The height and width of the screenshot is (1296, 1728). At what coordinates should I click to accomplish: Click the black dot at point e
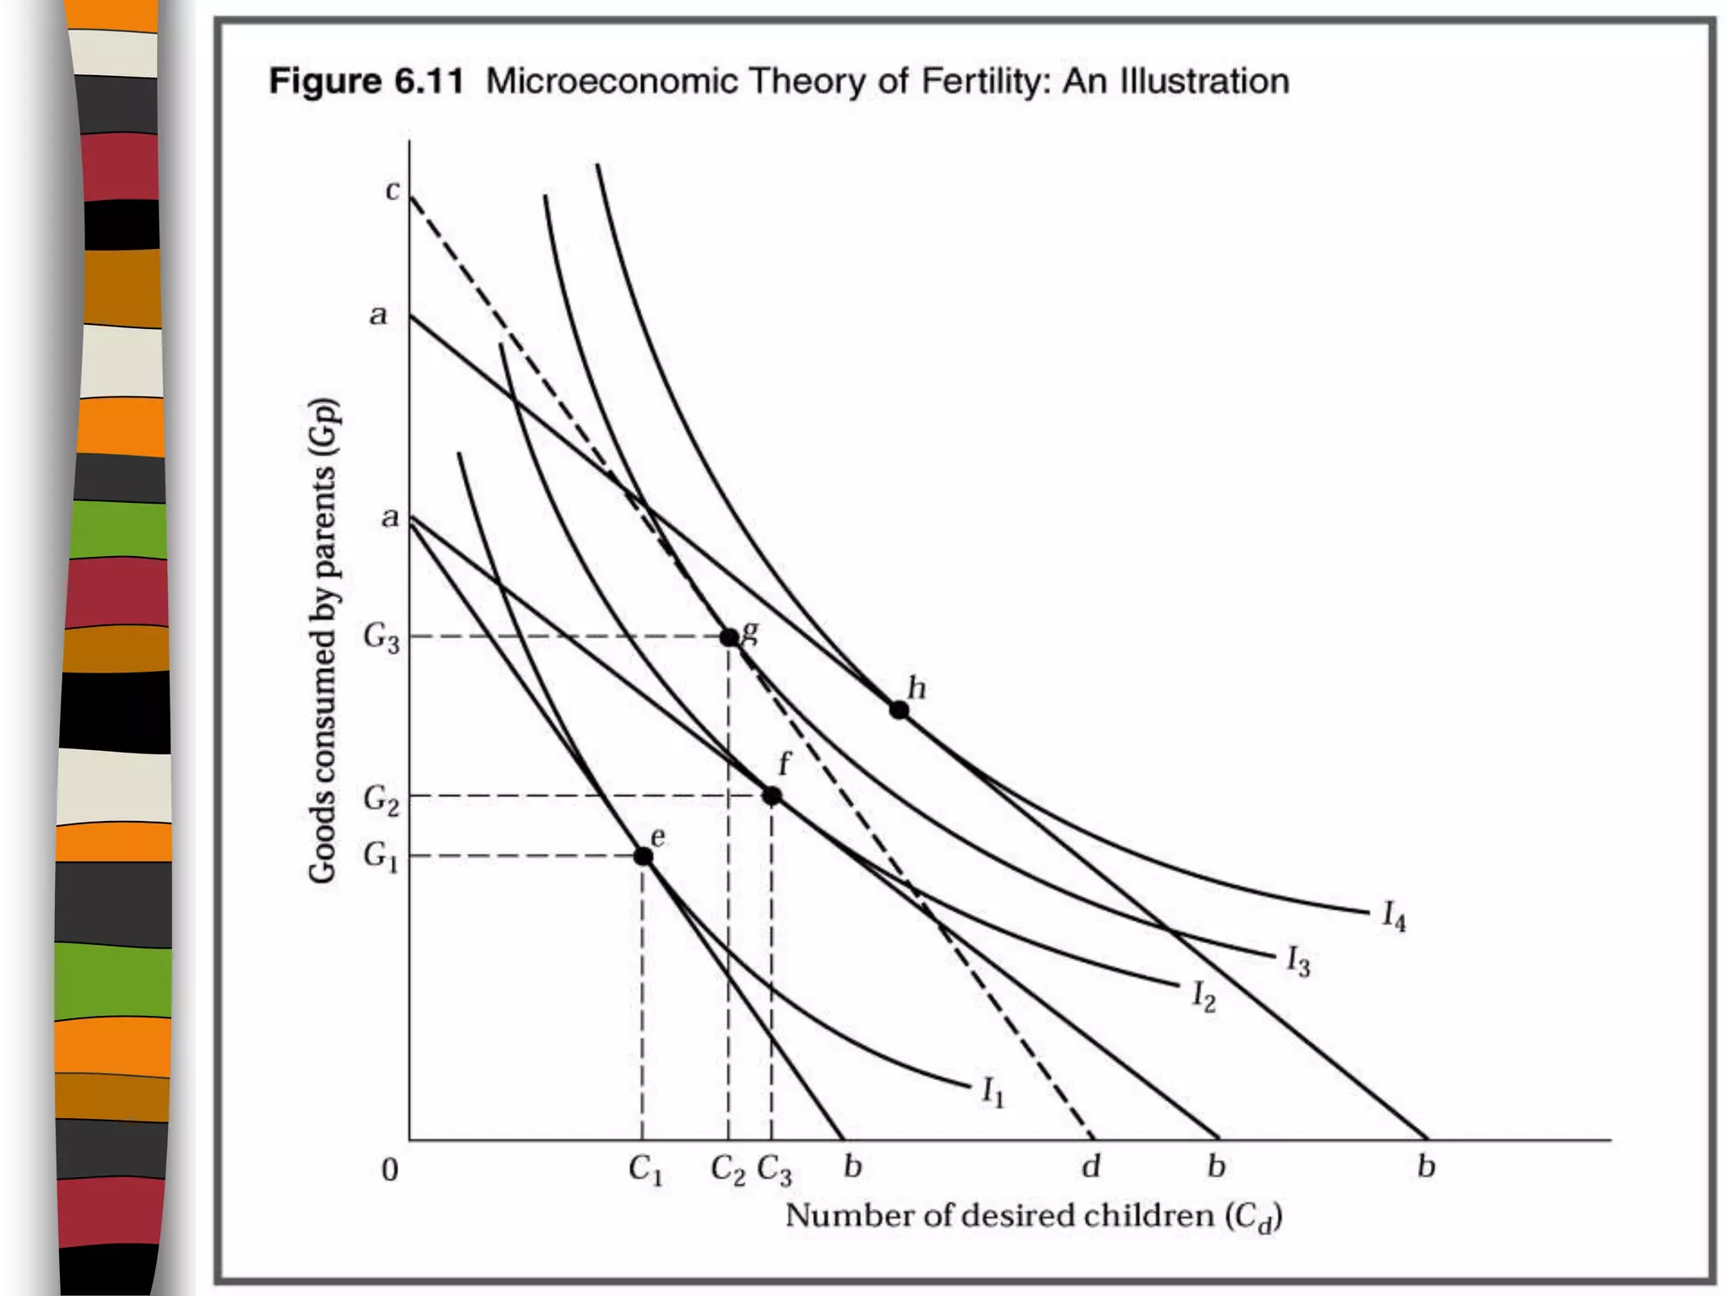643,856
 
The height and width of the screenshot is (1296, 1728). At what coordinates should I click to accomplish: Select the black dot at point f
771,796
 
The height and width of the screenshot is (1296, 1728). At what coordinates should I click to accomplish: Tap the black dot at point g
730,637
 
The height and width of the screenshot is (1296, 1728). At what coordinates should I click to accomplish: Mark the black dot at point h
899,710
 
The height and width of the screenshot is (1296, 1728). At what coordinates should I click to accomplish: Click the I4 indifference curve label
1394,915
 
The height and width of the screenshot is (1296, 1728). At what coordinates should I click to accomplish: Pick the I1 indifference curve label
993,1093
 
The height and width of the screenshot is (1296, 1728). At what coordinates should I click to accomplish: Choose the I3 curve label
1298,961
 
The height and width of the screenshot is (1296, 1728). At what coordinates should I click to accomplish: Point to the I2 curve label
1203,996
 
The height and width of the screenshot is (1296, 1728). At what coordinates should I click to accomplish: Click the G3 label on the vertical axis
381,637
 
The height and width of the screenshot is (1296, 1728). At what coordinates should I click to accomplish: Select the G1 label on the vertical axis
380,857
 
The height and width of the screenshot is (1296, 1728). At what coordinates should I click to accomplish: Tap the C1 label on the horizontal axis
645,1170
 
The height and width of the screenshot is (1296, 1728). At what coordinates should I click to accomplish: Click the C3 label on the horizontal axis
774,1170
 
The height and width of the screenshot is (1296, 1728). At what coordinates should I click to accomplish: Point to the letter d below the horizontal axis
1091,1167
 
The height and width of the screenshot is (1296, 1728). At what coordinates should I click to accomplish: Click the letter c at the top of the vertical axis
392,192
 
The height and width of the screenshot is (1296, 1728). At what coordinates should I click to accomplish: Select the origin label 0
390,1170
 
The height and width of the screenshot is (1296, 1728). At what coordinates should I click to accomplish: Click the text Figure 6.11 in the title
365,82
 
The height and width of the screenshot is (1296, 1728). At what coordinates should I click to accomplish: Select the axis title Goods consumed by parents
323,640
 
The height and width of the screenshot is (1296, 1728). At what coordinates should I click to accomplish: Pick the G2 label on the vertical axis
381,798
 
